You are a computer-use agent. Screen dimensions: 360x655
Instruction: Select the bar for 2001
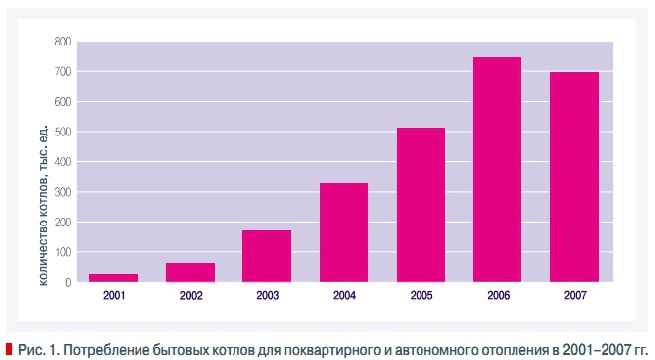tap(113, 277)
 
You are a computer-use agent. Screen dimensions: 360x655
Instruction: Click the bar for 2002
tap(190, 272)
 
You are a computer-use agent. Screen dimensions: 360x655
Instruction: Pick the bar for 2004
tap(343, 232)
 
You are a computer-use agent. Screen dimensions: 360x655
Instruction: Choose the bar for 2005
tap(421, 205)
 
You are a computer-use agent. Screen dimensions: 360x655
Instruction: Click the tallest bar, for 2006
tap(497, 169)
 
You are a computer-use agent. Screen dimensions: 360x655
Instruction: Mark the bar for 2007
tap(574, 177)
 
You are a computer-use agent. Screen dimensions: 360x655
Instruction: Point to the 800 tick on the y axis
tap(63, 42)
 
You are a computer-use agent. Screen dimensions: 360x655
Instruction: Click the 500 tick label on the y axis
tap(63, 132)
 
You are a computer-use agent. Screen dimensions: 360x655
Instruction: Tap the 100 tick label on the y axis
tap(63, 252)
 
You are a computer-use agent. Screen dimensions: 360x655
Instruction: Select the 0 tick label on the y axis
tap(68, 283)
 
